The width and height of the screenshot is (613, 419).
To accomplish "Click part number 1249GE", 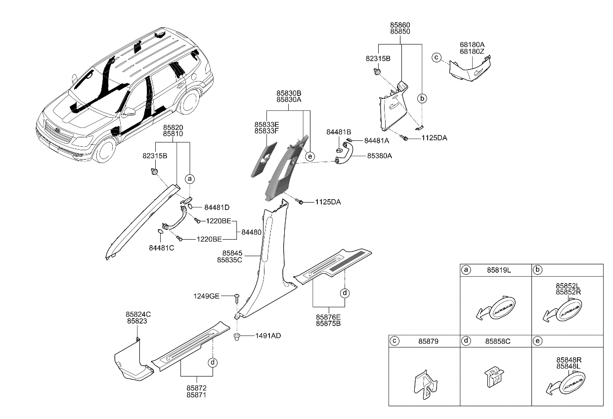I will tap(207, 296).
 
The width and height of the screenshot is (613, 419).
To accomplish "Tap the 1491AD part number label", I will tap(268, 335).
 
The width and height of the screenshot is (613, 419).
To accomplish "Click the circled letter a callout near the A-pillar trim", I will tap(189, 179).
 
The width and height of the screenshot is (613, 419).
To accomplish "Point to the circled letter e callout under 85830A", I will tap(309, 156).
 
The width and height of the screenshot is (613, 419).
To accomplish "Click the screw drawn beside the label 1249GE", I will tap(238, 297).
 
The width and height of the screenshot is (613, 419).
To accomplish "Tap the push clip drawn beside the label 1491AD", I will tap(237, 337).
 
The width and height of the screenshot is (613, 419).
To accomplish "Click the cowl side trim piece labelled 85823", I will tap(131, 363).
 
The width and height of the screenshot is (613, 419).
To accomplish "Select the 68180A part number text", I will tap(472, 44).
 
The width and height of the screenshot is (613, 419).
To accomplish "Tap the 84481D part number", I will tap(217, 207).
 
